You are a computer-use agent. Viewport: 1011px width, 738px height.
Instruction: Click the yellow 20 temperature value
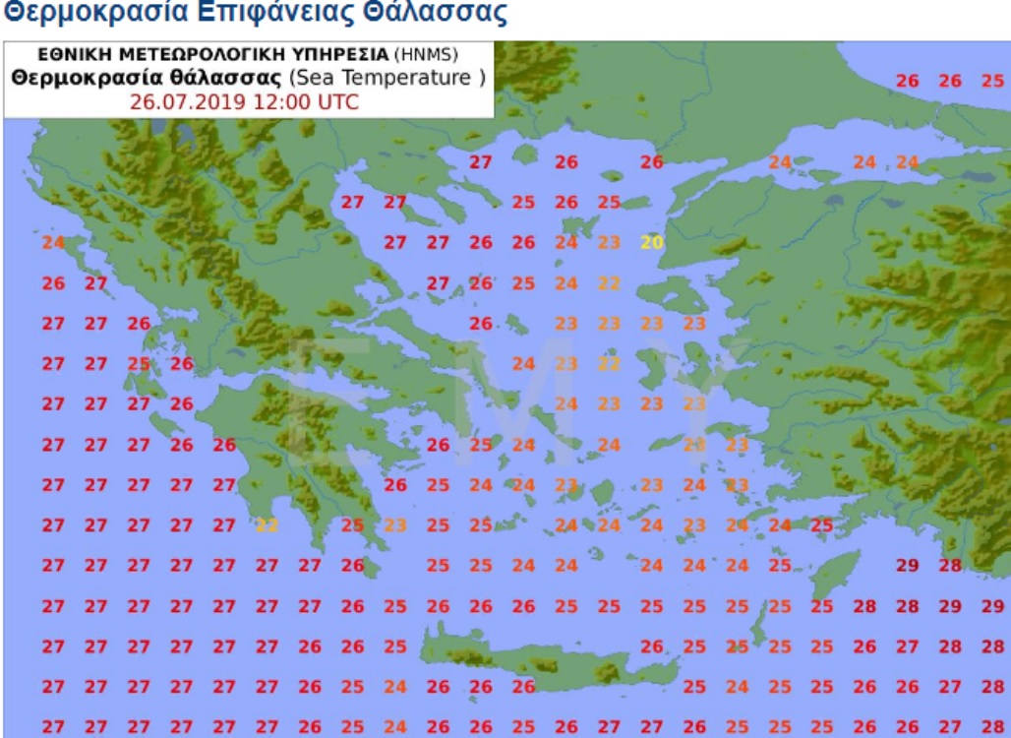tap(651, 242)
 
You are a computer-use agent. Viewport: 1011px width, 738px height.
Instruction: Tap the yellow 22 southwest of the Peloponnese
tap(267, 524)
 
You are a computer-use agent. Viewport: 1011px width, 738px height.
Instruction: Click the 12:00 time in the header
tap(274, 102)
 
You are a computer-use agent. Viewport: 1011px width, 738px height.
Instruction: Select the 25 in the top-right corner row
tap(991, 81)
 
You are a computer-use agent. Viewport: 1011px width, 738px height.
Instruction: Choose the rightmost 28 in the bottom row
tap(991, 726)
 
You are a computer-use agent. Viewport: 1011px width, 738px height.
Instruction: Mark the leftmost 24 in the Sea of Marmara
tap(780, 162)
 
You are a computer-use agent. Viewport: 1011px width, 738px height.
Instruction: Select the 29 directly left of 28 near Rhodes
tap(907, 565)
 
